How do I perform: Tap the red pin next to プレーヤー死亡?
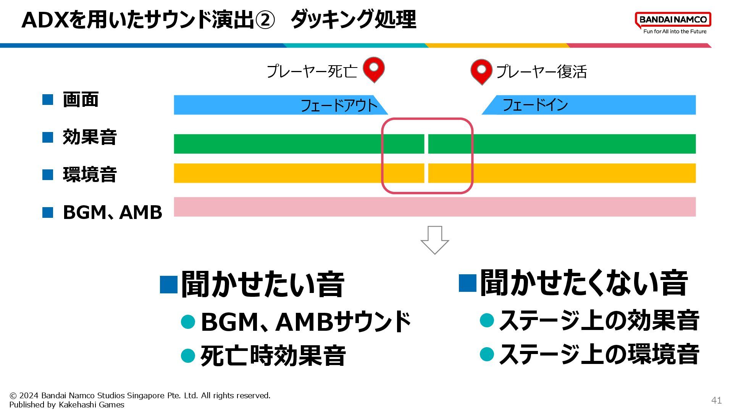(x=373, y=69)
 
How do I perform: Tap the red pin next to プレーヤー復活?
(x=481, y=71)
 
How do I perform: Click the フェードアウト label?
(x=339, y=105)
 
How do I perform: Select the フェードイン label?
(x=535, y=105)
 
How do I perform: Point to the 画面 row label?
(x=81, y=100)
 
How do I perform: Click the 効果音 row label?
(x=90, y=137)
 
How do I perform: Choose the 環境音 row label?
(x=90, y=174)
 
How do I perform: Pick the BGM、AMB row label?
(x=112, y=212)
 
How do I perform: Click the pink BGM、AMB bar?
(x=434, y=207)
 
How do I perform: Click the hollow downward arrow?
(x=434, y=240)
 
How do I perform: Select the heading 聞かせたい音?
(x=263, y=284)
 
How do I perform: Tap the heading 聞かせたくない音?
(x=584, y=283)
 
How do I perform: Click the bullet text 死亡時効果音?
(x=273, y=356)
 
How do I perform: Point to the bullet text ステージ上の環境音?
(x=599, y=354)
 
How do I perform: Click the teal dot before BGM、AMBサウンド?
(x=188, y=322)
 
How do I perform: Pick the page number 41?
(x=716, y=400)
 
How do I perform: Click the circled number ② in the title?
(x=265, y=20)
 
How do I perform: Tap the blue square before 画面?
(x=48, y=100)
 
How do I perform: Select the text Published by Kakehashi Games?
(x=67, y=405)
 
